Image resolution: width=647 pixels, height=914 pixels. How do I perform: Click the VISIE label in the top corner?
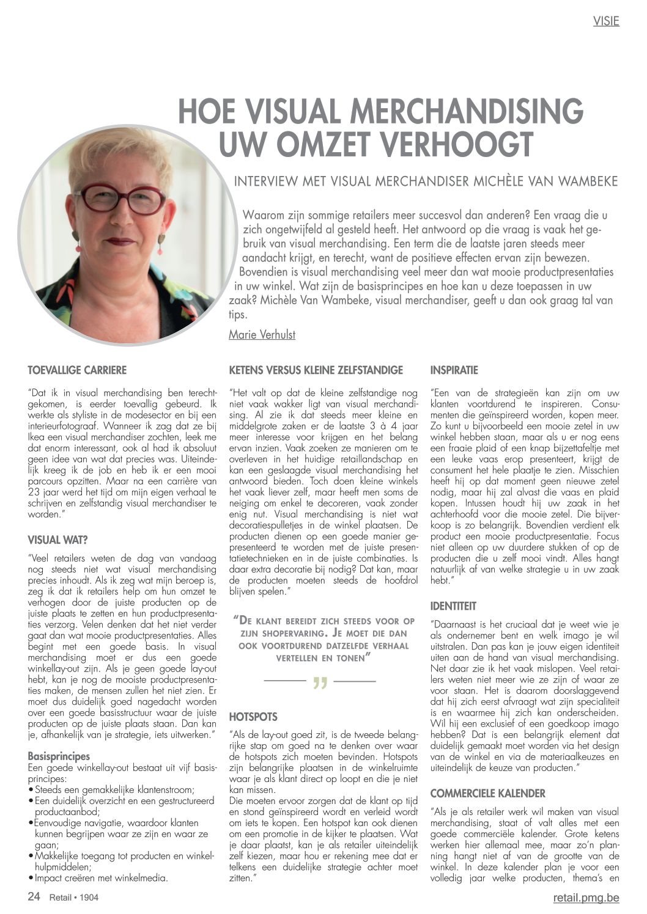606,21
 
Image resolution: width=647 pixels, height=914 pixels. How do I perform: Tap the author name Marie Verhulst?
262,334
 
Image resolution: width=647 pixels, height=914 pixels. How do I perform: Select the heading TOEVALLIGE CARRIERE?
77,370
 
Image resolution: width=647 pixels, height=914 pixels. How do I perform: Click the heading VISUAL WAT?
57,540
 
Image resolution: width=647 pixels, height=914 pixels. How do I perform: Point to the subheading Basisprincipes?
59,756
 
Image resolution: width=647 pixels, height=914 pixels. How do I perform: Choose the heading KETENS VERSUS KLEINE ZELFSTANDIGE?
316,370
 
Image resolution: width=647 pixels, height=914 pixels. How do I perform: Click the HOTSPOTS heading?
253,717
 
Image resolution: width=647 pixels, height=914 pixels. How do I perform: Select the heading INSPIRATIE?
454,370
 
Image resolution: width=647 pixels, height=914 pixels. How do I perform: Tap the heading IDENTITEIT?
453,606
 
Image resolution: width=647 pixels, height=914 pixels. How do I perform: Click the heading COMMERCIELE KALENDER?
487,794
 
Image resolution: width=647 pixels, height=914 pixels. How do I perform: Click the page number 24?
34,897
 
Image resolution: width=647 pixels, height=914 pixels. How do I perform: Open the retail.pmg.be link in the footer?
586,898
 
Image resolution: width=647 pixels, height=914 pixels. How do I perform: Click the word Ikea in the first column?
38,437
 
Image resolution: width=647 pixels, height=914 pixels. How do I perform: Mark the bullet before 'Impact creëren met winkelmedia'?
31,878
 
